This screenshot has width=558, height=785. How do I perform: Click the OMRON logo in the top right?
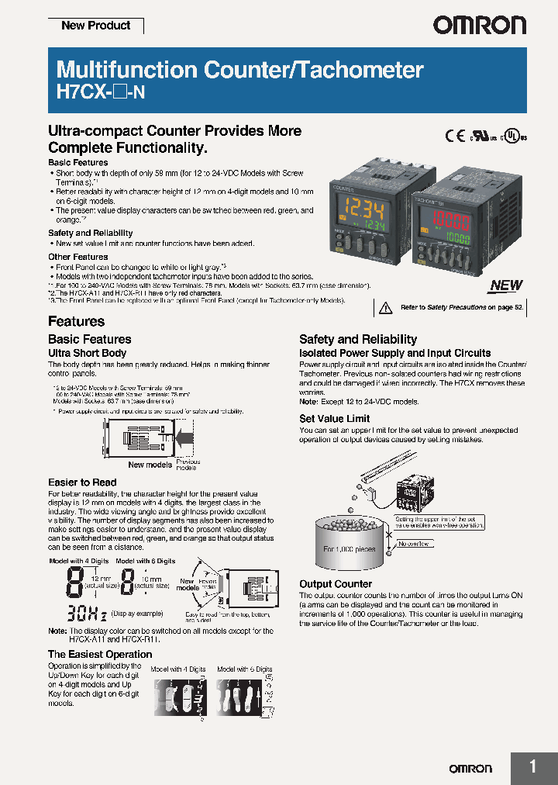479,26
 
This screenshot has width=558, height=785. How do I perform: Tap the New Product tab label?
96,26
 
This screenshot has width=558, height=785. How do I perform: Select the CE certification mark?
455,135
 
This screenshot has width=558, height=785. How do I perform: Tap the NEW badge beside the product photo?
505,285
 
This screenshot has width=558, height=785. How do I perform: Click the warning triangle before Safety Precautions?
385,308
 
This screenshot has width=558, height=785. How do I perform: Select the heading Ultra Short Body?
87,353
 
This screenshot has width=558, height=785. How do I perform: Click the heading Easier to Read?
82,482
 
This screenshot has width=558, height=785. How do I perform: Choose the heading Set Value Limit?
335,419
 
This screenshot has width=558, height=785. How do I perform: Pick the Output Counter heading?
336,583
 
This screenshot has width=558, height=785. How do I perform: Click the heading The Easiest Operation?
100,654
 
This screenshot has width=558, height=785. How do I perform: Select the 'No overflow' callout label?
413,544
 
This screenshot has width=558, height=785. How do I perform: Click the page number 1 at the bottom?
532,767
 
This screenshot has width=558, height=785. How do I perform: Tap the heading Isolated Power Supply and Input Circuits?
394,353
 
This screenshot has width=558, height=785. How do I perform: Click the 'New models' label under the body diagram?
150,465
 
